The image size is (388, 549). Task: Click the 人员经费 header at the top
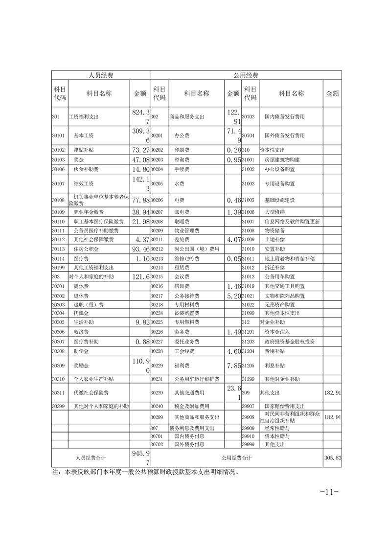(x=100, y=76)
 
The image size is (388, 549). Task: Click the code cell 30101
(x=59, y=136)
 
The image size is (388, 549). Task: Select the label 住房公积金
(x=86, y=249)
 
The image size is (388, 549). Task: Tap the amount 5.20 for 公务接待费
(x=233, y=296)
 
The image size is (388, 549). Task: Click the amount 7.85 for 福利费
(x=233, y=366)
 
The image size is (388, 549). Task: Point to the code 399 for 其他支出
(x=246, y=392)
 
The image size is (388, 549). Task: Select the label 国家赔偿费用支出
(x=285, y=406)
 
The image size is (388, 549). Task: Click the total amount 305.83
(x=332, y=458)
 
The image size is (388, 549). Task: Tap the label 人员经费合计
(x=91, y=458)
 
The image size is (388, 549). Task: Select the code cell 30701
(x=156, y=435)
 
